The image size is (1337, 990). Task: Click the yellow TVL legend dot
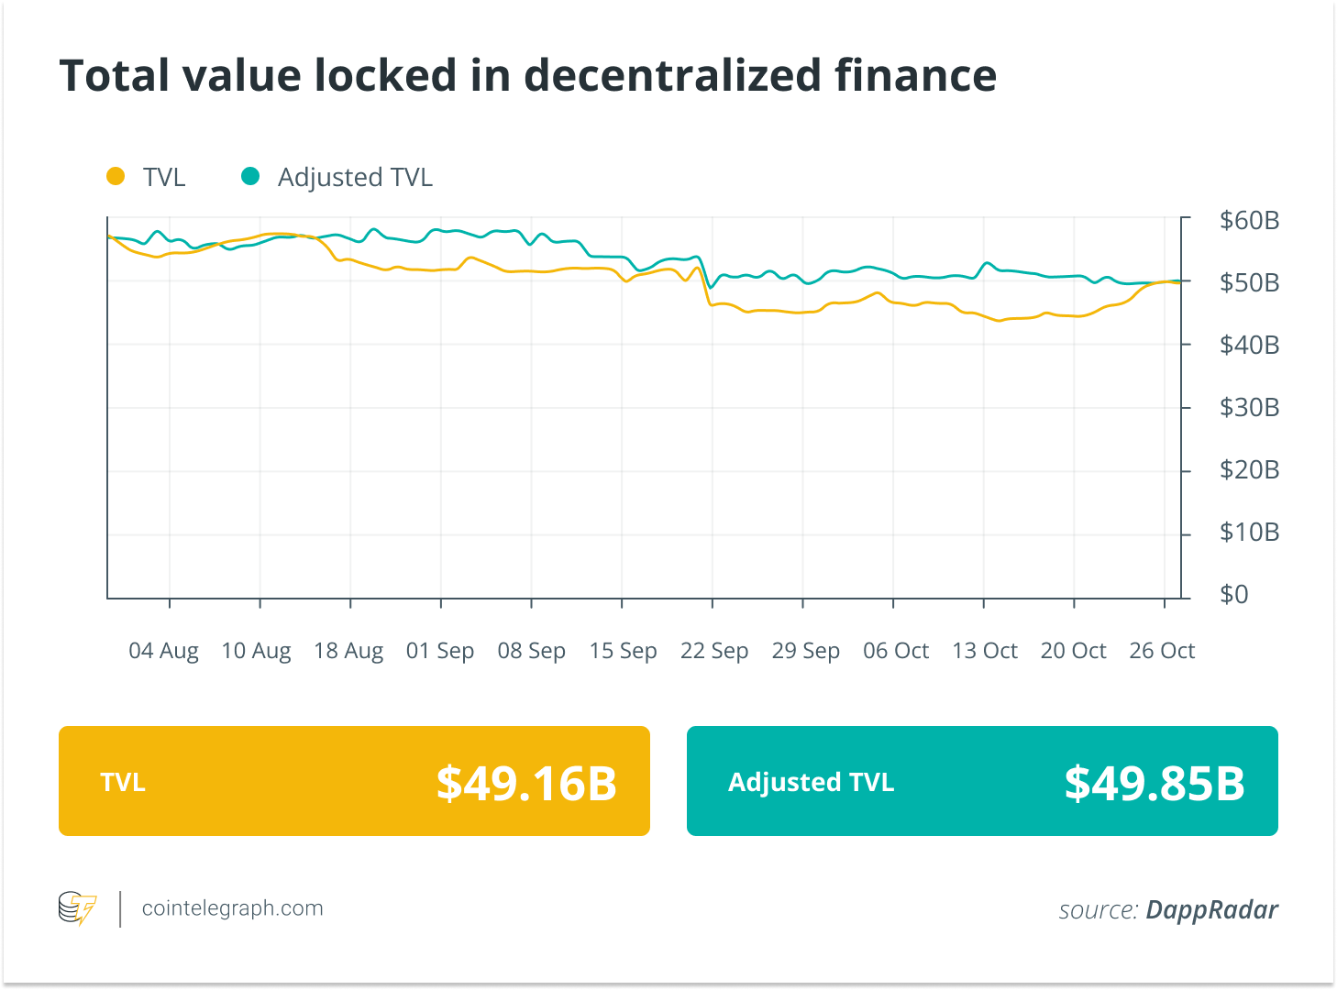coord(116,176)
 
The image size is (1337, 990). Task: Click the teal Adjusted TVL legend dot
coord(250,176)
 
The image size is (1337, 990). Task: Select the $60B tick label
coord(1249,221)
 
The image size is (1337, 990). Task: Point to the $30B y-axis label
coord(1249,408)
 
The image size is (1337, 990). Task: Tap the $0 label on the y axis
coord(1234,595)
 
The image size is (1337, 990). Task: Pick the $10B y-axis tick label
coord(1249,533)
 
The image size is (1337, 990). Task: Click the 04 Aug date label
coord(163,651)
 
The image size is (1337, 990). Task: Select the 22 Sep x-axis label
coord(713,651)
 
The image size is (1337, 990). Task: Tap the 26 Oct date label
coord(1162,651)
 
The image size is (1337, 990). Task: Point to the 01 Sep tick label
coord(440,651)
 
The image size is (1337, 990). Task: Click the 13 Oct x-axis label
coord(985,651)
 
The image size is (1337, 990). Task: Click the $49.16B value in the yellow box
coord(526,784)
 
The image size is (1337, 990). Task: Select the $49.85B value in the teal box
coord(1155,784)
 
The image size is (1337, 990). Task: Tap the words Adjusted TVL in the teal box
coord(811,783)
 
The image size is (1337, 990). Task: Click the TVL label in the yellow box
coord(123,783)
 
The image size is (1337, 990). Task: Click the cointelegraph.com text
coord(232,908)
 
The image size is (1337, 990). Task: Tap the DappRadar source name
coord(1211,910)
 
